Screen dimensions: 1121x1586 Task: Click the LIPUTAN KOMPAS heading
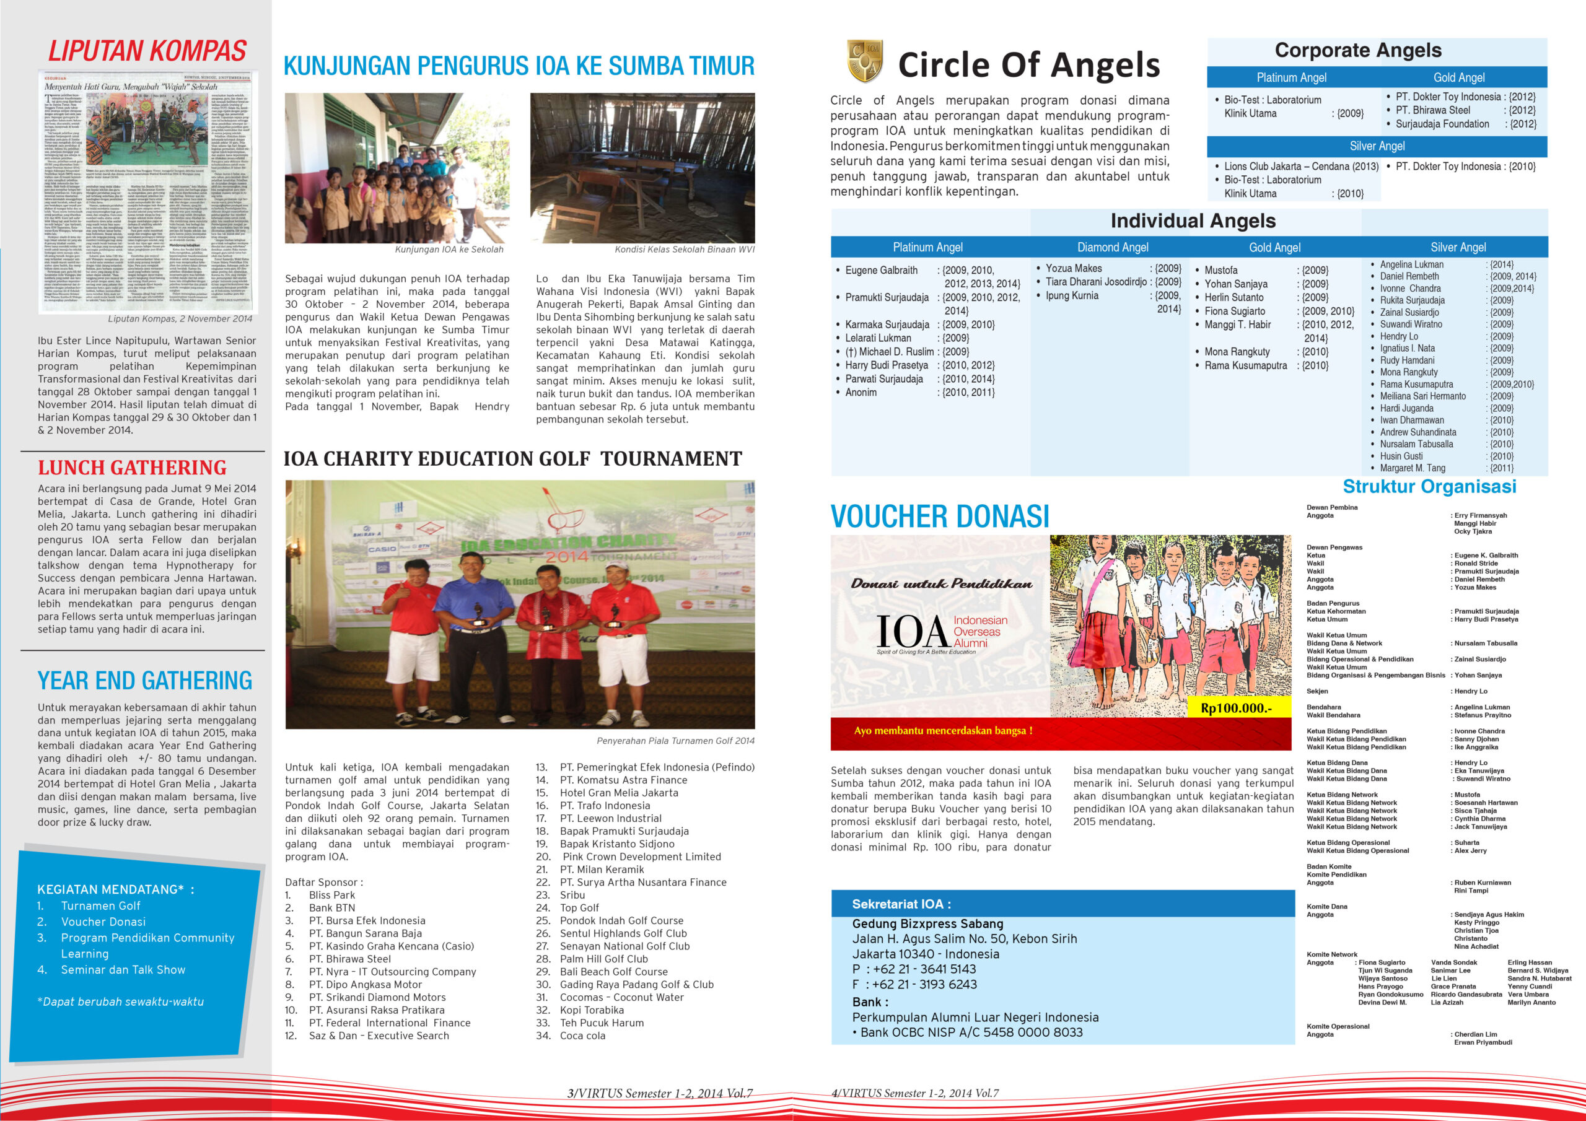pos(146,52)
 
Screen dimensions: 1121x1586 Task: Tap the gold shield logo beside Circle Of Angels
pos(864,61)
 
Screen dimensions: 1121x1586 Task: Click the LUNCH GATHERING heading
pos(132,468)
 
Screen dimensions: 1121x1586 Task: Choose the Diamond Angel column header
pos(1112,247)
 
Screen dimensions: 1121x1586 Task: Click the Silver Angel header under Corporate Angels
pos(1377,146)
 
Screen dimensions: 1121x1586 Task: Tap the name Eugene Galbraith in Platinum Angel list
pos(882,270)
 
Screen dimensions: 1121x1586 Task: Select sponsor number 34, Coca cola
pos(582,1036)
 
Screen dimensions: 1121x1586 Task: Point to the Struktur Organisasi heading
pos(1429,486)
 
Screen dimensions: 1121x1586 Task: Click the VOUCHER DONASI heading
pos(939,517)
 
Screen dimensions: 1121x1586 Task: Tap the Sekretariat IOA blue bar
pos(1062,904)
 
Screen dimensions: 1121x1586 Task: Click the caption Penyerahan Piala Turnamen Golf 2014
pos(675,741)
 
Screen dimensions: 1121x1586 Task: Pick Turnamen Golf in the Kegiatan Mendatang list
pos(100,905)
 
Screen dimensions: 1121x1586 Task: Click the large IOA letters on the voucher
pos(912,631)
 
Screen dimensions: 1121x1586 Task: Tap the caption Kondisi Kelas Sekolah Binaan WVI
pos(684,250)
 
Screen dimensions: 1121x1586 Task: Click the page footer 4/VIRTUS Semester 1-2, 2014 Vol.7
pos(914,1093)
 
